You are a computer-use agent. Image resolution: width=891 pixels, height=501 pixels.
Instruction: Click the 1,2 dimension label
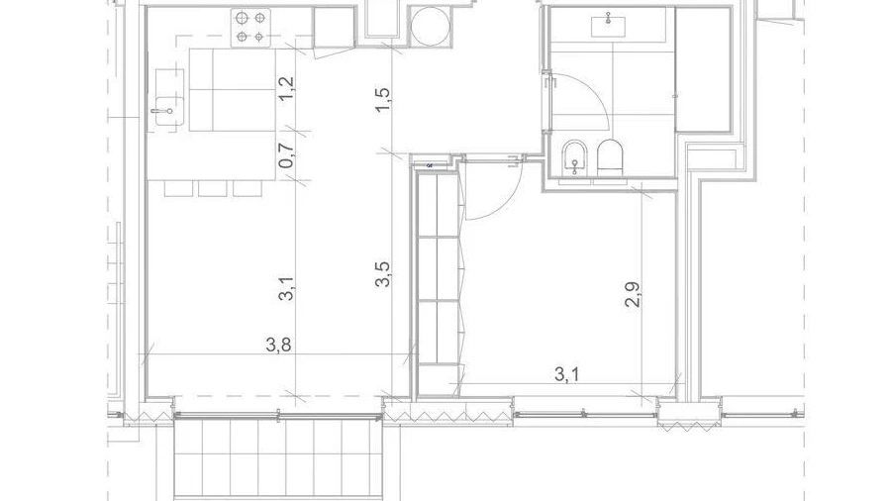[288, 88]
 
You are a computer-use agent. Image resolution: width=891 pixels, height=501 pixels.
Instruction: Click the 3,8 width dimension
[278, 345]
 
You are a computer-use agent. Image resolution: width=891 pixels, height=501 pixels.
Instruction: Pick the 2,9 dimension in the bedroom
[634, 295]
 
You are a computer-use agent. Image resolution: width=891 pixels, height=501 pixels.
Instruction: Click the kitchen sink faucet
[161, 111]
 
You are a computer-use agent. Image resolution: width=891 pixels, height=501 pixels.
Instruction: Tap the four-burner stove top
[250, 28]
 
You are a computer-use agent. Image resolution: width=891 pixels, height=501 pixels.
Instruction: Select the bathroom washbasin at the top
[609, 26]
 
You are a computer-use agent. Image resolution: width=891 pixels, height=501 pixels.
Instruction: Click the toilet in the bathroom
[610, 156]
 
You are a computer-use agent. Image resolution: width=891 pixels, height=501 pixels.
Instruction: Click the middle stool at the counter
[213, 188]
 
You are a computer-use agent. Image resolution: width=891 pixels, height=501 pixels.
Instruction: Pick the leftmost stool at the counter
[178, 188]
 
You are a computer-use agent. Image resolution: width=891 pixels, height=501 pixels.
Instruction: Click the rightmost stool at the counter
[247, 188]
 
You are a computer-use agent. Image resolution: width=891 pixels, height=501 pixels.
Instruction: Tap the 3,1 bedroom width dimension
[566, 374]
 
